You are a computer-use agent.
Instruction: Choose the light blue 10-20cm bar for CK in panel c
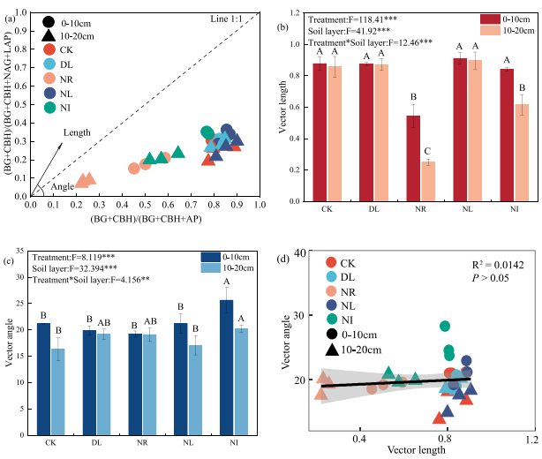[x=57, y=379]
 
